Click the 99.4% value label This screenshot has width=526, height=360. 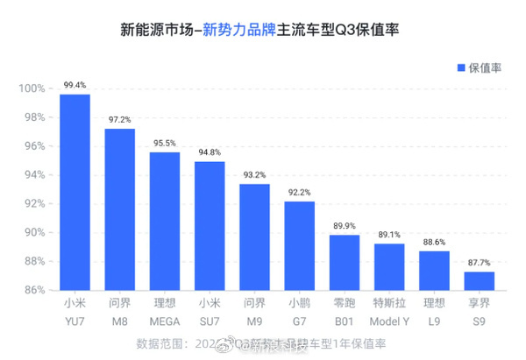pyautogui.click(x=75, y=86)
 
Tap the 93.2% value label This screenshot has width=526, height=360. pyautogui.click(x=254, y=175)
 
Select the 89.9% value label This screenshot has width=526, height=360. pyautogui.click(x=345, y=225)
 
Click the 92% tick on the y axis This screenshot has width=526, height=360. pyautogui.click(x=33, y=203)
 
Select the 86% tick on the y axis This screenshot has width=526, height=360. pyautogui.click(x=33, y=290)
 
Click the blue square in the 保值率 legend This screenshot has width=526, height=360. pyautogui.click(x=459, y=68)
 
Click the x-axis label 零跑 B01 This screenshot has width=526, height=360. pyautogui.click(x=345, y=313)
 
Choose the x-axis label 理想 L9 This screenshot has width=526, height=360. pyautogui.click(x=434, y=313)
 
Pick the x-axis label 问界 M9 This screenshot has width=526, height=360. pyautogui.click(x=254, y=313)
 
